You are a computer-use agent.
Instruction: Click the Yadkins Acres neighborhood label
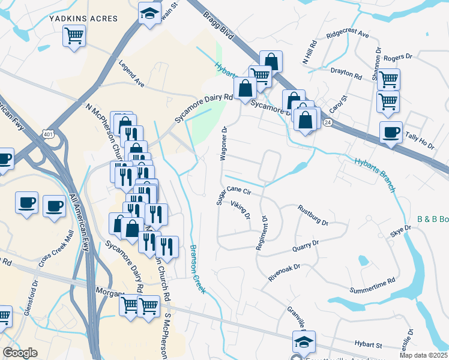[x=83, y=19]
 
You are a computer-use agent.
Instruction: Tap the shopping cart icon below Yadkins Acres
[x=73, y=36]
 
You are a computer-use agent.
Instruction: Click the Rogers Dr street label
[x=399, y=57]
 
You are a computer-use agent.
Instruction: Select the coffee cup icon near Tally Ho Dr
[x=391, y=133]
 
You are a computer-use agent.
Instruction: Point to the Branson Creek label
[x=197, y=269]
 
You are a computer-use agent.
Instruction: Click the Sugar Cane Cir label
[x=232, y=194]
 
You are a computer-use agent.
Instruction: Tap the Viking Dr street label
[x=241, y=211]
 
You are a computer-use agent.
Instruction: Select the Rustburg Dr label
[x=313, y=215]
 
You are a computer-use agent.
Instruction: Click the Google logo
[x=20, y=353]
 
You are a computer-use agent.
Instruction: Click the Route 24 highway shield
[x=327, y=122]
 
